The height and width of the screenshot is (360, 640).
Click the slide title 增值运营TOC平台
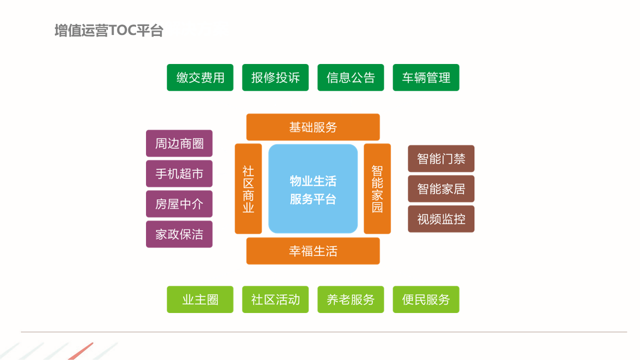[x=109, y=30]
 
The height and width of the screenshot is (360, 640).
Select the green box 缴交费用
[x=200, y=77]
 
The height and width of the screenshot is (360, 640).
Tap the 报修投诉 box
[x=275, y=77]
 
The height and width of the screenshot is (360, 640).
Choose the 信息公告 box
[x=350, y=77]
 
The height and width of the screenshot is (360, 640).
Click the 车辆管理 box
[x=426, y=77]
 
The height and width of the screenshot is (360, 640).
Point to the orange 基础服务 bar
[x=313, y=127]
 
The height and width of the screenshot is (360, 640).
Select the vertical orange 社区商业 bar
[x=248, y=189]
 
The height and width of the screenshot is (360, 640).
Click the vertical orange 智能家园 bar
[x=377, y=189]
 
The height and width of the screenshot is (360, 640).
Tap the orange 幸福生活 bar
[x=313, y=251]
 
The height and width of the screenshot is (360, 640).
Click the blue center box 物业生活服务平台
[x=313, y=189]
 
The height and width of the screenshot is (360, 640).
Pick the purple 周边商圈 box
[x=179, y=143]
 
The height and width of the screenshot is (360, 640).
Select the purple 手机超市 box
[x=179, y=173]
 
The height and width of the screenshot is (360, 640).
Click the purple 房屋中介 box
[x=179, y=204]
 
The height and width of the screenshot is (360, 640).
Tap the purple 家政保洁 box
[x=179, y=234]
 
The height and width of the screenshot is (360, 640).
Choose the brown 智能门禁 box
[x=441, y=158]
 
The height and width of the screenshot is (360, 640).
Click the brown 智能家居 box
[x=441, y=189]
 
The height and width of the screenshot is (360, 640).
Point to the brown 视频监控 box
[x=441, y=219]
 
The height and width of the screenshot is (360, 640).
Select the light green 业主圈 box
[x=200, y=299]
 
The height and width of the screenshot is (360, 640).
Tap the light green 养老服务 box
[x=350, y=299]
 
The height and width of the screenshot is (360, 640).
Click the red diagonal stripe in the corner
[x=81, y=351]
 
